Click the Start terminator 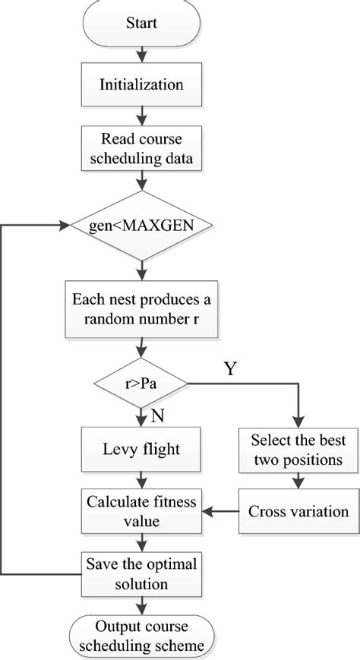(x=142, y=23)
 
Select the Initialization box (x=142, y=84)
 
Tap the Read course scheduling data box (x=142, y=148)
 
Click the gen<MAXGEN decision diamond (x=142, y=226)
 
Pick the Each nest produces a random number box (x=142, y=309)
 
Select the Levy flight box (x=142, y=449)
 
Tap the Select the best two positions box (x=298, y=449)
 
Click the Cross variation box (x=298, y=510)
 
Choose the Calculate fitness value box (x=142, y=510)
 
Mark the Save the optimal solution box (x=142, y=573)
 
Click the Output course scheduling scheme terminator (x=142, y=636)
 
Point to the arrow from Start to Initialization (x=142, y=53)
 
